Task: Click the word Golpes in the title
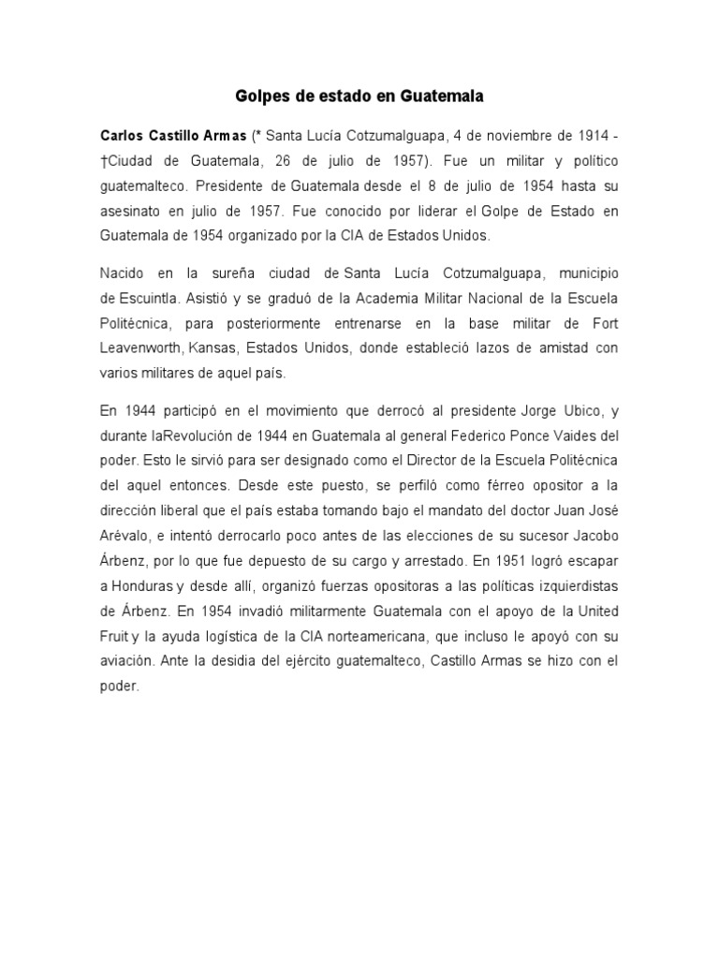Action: click(255, 96)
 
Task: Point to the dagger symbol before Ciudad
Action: click(103, 159)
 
